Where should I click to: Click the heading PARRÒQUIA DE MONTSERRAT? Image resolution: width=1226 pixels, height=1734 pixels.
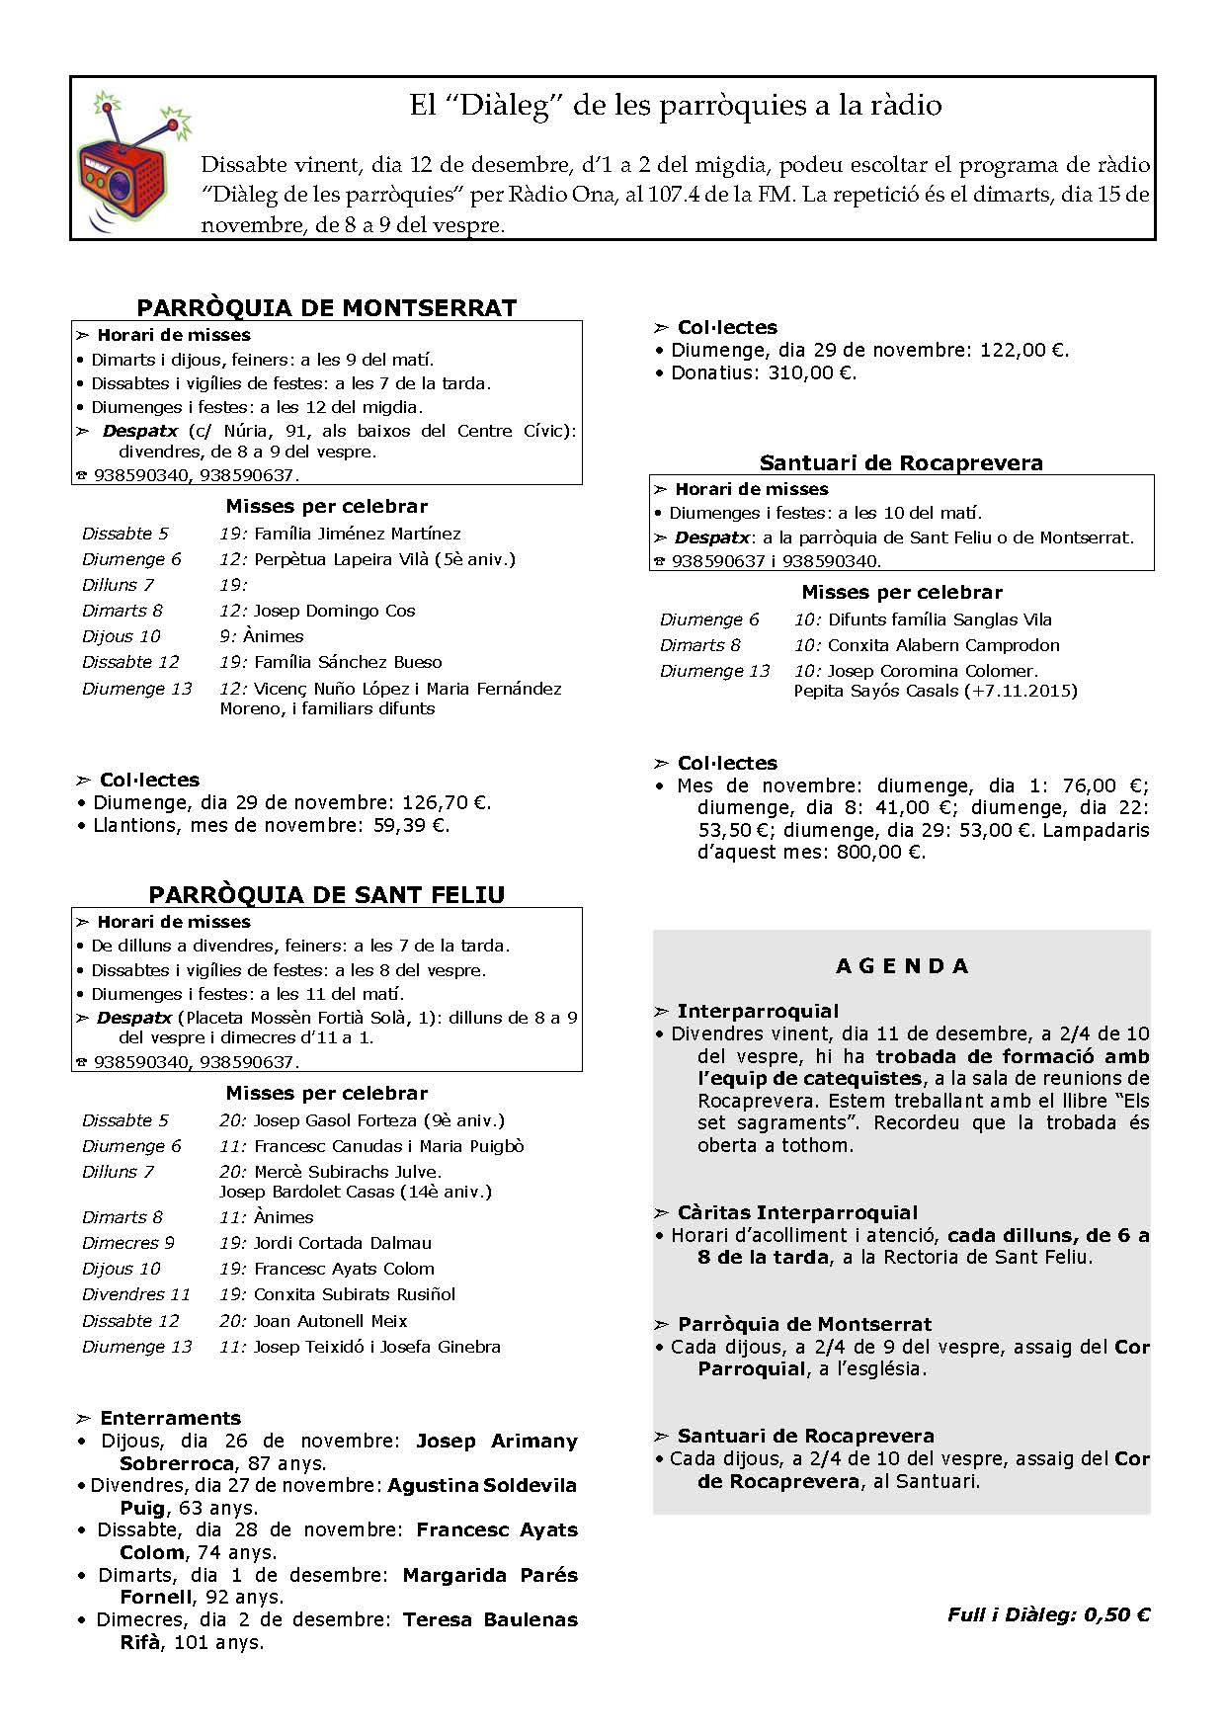[x=326, y=307]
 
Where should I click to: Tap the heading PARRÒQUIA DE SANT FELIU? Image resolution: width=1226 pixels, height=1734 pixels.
[x=326, y=894]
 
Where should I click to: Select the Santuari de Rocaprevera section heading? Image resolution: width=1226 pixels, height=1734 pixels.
[x=901, y=462]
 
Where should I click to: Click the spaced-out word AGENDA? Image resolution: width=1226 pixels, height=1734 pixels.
[x=902, y=966]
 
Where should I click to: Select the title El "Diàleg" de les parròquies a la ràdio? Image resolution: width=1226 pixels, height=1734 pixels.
[x=676, y=106]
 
